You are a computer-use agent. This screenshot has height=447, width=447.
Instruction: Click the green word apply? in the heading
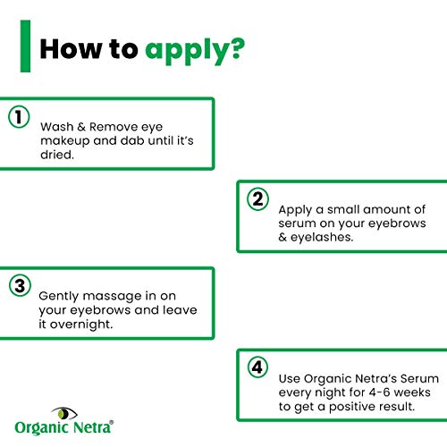point(195,51)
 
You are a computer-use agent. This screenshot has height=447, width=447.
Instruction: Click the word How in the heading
point(71,48)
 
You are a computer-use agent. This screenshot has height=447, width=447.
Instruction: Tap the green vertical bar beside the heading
point(25,46)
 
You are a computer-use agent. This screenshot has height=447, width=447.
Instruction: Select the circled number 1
point(19,117)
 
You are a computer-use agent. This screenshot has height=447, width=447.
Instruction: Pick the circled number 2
point(257,199)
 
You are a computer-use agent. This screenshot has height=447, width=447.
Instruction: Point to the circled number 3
point(20,286)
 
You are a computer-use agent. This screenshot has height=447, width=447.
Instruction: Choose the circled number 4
point(257,367)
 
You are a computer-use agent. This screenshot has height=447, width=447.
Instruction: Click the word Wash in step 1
point(57,127)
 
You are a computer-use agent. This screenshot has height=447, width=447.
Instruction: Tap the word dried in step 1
point(56,155)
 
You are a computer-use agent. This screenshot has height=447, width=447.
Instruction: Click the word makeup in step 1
point(65,141)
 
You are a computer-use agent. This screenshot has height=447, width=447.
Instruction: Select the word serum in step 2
point(297,223)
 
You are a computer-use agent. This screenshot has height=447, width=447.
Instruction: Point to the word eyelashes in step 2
point(322,237)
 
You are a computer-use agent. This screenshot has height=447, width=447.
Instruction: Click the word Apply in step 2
point(295,210)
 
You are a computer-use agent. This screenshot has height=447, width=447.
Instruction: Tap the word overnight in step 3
point(80,325)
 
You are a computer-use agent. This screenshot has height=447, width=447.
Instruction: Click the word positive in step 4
point(351,407)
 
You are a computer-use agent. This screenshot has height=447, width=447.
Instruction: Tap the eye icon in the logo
point(64,413)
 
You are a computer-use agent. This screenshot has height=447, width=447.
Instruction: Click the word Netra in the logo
point(91,427)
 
